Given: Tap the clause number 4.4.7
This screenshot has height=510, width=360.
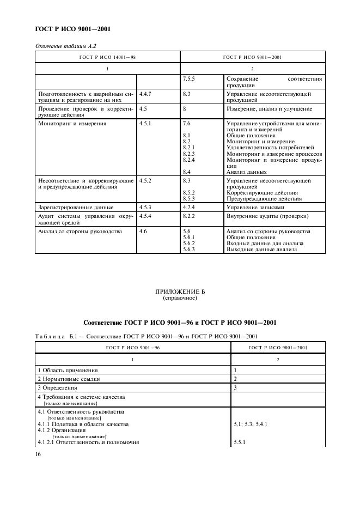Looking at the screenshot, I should click(x=145, y=94).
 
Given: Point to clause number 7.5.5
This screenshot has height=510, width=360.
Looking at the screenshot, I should click(x=190, y=79).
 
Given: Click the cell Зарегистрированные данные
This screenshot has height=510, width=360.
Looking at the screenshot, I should click(x=76, y=207).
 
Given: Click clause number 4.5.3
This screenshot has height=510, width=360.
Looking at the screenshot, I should click(x=145, y=207).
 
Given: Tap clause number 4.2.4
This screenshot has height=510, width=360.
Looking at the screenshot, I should click(x=190, y=207).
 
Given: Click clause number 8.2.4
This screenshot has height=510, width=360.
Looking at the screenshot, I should click(x=189, y=160).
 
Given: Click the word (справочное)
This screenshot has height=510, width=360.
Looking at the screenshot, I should click(x=180, y=299).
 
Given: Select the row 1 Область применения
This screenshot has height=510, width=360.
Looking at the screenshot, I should click(x=68, y=369).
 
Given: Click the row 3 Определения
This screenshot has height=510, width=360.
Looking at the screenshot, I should click(x=60, y=387).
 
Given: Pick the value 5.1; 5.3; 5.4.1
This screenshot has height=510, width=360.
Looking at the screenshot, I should click(x=253, y=423).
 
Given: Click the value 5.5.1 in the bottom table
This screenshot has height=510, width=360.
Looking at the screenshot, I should click(x=240, y=442).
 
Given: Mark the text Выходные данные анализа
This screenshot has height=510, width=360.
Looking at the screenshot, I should click(x=261, y=249).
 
